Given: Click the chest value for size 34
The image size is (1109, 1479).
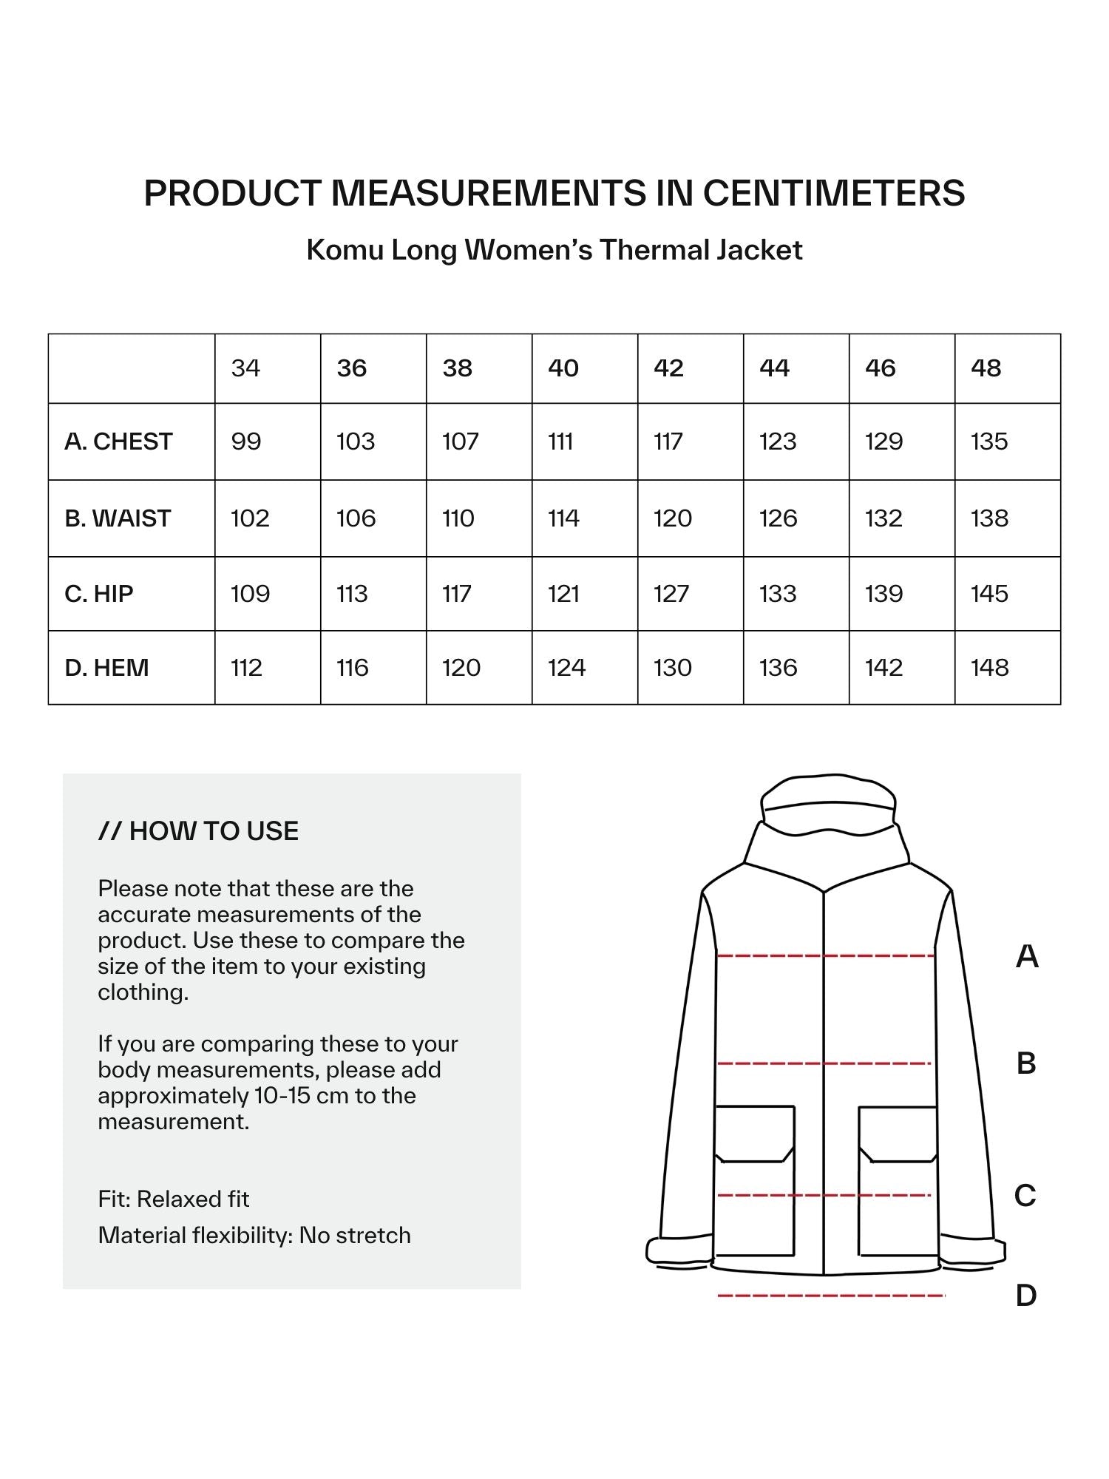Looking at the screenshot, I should (x=246, y=441).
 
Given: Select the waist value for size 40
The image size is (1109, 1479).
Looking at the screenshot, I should (x=563, y=518).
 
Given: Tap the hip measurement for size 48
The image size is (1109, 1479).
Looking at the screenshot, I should (x=989, y=594).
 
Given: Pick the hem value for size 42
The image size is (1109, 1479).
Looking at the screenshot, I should (x=672, y=668).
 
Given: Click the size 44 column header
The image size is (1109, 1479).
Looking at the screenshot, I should (x=774, y=368).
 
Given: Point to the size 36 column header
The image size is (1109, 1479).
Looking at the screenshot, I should (x=351, y=368).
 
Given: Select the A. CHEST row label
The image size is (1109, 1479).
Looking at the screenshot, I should (x=118, y=441).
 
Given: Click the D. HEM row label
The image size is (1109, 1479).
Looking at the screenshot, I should (x=106, y=668).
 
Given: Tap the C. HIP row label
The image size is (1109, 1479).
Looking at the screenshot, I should (x=99, y=594).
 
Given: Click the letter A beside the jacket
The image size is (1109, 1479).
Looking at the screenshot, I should (x=1027, y=956).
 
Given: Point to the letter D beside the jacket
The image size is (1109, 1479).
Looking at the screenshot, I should (x=1026, y=1295).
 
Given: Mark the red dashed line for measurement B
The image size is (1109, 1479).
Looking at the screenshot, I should (x=824, y=1063).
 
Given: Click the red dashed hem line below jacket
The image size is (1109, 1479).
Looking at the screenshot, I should (x=831, y=1295).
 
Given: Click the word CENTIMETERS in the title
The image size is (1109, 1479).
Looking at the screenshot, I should (x=833, y=193).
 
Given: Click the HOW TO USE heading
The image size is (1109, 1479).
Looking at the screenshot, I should (x=198, y=831).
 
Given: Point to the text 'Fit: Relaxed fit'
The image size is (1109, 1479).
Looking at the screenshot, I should (x=173, y=1199).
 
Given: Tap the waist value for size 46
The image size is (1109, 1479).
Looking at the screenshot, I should (x=884, y=518).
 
